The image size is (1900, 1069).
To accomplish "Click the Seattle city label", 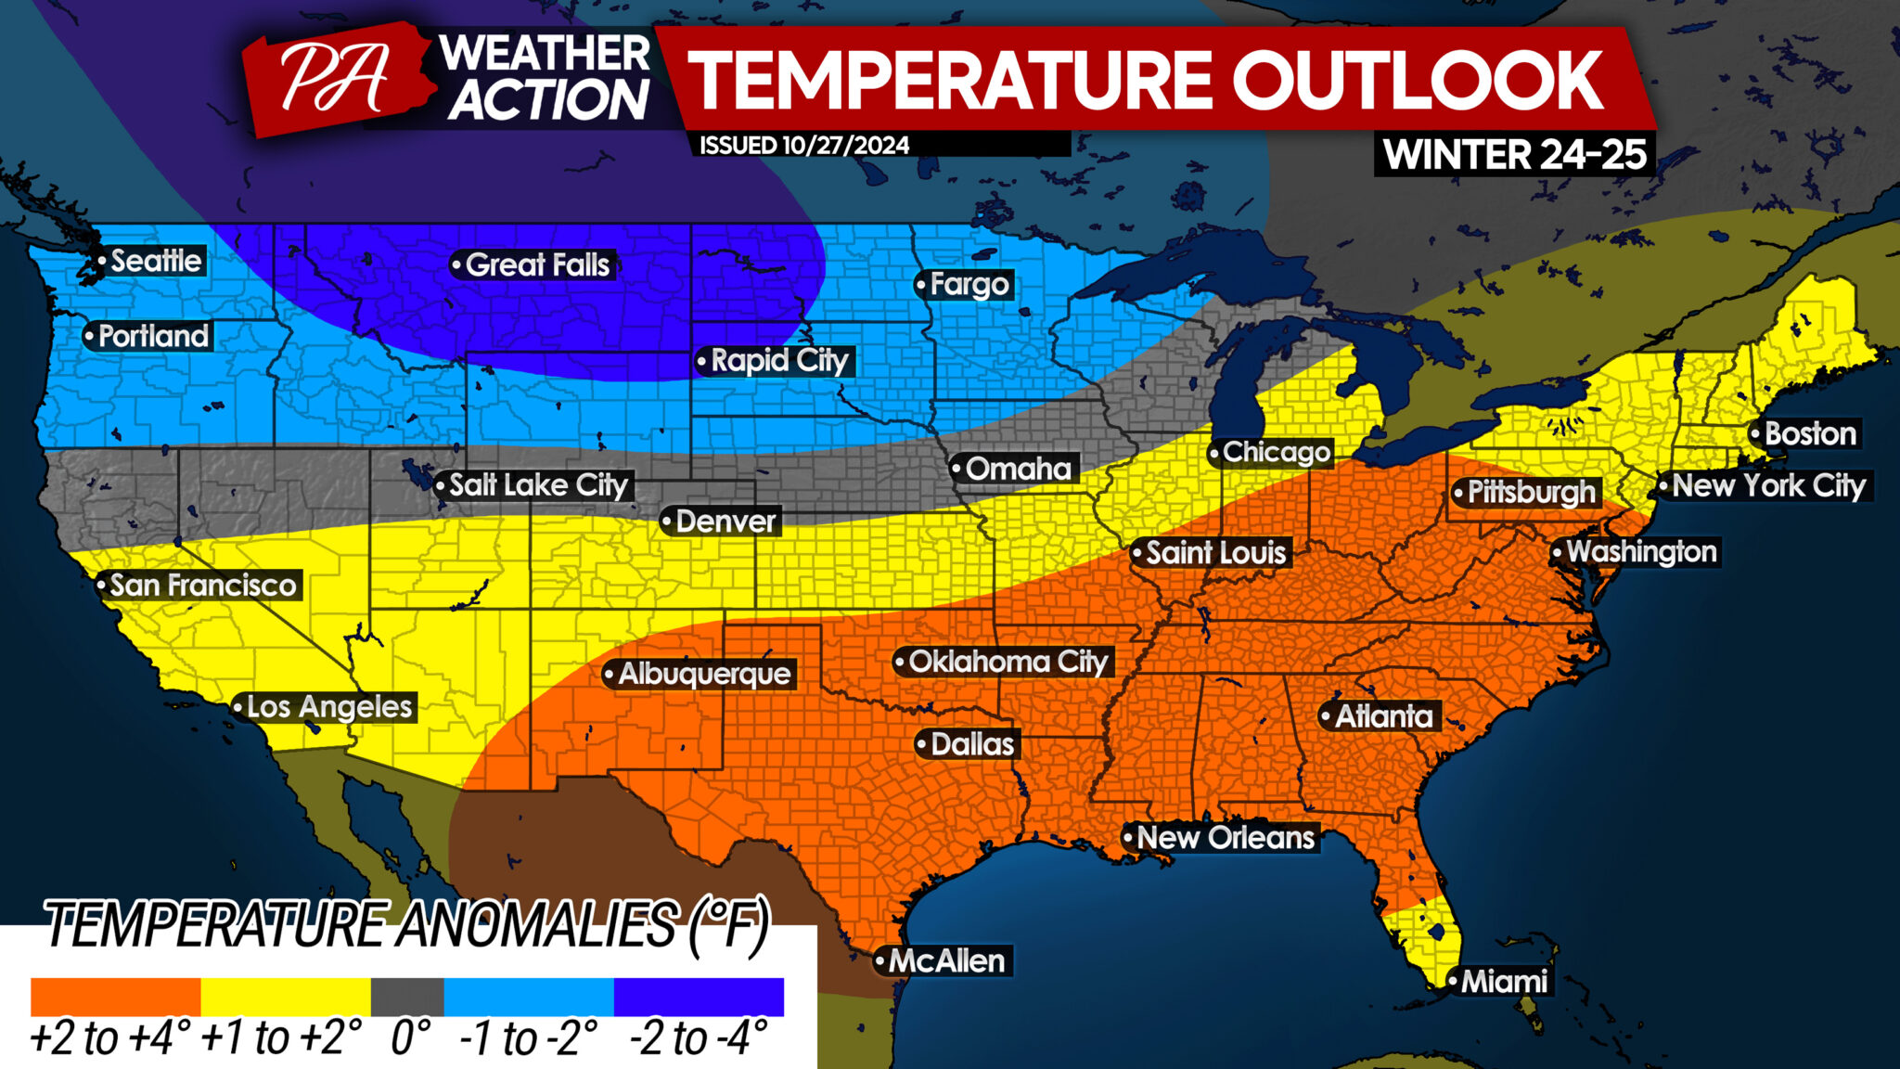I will point(155,261).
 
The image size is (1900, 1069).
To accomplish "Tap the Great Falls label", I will point(536,265).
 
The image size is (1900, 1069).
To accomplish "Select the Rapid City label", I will point(778,361).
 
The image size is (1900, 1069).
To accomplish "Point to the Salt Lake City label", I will point(537,485).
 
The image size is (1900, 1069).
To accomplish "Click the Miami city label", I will point(1503,982).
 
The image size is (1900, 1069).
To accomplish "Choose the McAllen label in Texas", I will point(945,961).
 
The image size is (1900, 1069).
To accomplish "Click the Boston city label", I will point(1809,434).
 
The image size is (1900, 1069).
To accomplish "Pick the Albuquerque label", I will point(703,674).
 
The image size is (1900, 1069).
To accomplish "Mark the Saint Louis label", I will point(1214,553).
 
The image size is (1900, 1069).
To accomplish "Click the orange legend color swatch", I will point(115,998).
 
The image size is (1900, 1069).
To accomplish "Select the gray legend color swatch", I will point(406,998).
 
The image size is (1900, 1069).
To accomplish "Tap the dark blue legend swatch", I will point(699,998).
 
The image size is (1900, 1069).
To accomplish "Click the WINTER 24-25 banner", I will point(1514,154).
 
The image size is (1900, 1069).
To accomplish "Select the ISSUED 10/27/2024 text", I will point(803,146).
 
